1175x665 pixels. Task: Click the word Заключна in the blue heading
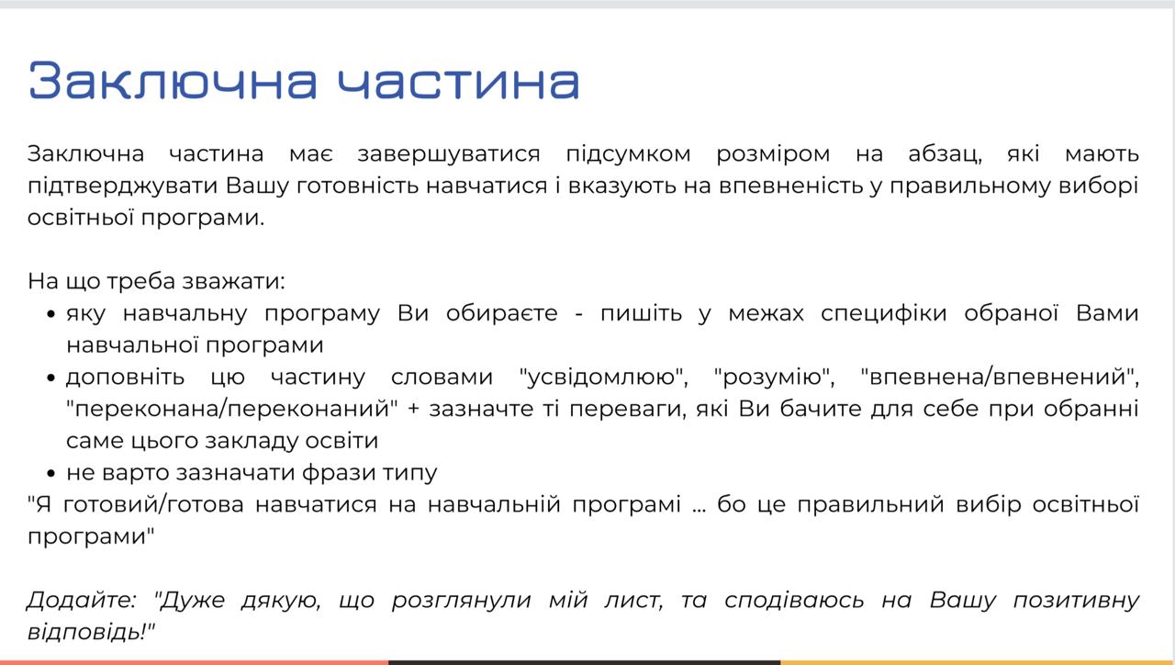click(x=173, y=81)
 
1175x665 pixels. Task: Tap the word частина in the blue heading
click(x=458, y=81)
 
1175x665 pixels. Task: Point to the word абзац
click(x=945, y=154)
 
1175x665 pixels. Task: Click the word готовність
click(x=358, y=186)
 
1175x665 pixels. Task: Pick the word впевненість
click(x=791, y=186)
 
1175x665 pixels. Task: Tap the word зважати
click(x=233, y=281)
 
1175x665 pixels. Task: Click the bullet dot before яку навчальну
click(x=50, y=314)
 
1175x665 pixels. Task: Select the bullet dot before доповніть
click(x=50, y=378)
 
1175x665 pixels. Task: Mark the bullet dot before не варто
click(x=50, y=473)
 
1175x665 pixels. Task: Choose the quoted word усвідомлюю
click(x=603, y=377)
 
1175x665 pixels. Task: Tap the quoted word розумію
click(x=774, y=378)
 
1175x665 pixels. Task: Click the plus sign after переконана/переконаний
click(x=413, y=410)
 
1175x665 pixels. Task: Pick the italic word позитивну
click(x=1076, y=601)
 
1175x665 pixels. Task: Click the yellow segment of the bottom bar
click(x=978, y=662)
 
